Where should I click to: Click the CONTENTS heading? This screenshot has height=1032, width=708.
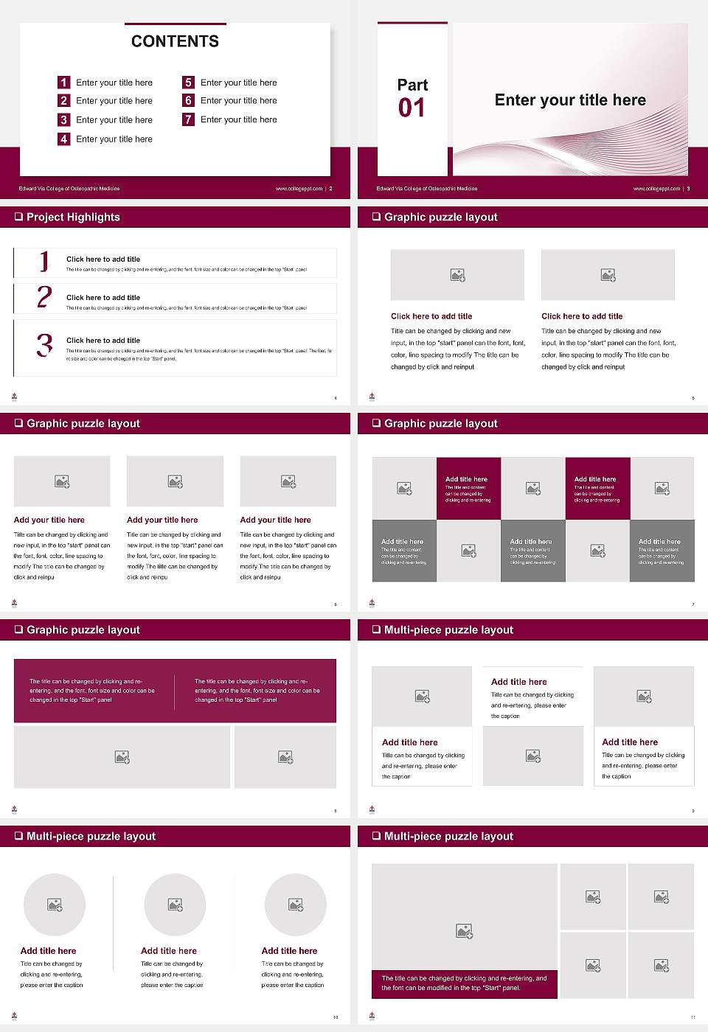pyautogui.click(x=175, y=41)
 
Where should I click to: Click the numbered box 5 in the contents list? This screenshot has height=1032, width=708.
pyautogui.click(x=188, y=83)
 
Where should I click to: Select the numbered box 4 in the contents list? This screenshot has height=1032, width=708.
pyautogui.click(x=63, y=139)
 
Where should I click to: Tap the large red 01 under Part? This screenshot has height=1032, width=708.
pyautogui.click(x=412, y=108)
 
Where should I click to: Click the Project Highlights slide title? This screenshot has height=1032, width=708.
pyautogui.click(x=73, y=217)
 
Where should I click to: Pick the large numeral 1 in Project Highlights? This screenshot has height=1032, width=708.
pyautogui.click(x=44, y=261)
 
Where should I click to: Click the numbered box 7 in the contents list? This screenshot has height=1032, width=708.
pyautogui.click(x=188, y=119)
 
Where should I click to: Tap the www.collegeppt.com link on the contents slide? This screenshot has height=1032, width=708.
pyautogui.click(x=299, y=189)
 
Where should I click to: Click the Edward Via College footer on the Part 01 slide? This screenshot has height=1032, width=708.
pyautogui.click(x=426, y=189)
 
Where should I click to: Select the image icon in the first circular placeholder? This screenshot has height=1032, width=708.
pyautogui.click(x=55, y=904)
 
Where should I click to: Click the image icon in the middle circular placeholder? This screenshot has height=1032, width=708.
pyautogui.click(x=175, y=904)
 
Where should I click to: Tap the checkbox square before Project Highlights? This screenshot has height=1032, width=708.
pyautogui.click(x=18, y=217)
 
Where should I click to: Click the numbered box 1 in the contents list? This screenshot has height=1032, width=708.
pyautogui.click(x=63, y=83)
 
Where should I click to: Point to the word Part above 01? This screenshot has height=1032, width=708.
pyautogui.click(x=412, y=85)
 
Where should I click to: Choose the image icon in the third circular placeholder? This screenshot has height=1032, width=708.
pyautogui.click(x=296, y=904)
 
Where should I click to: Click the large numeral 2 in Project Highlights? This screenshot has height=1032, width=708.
pyautogui.click(x=44, y=297)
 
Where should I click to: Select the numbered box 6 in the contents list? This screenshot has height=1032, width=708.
pyautogui.click(x=188, y=100)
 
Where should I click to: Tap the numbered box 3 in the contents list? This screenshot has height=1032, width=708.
pyautogui.click(x=63, y=119)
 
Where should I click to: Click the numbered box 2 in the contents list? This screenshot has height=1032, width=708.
pyautogui.click(x=63, y=100)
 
